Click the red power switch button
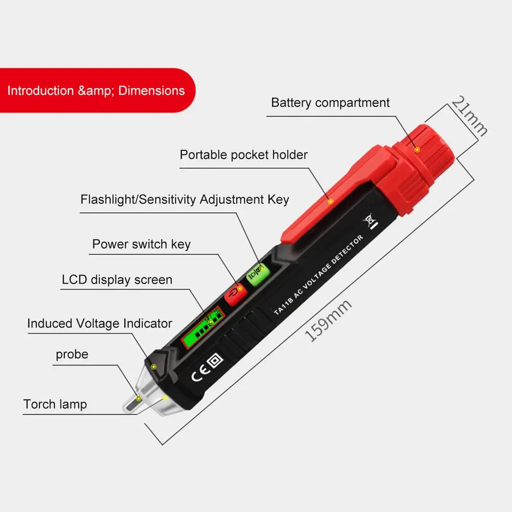(235, 294)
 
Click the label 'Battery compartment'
(330, 103)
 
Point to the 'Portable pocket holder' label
(243, 155)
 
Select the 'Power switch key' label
(141, 244)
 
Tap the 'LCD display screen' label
(117, 280)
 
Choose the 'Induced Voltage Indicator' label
(99, 323)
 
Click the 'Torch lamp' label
(55, 405)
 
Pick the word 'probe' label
(71, 354)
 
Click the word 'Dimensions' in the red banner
(152, 91)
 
